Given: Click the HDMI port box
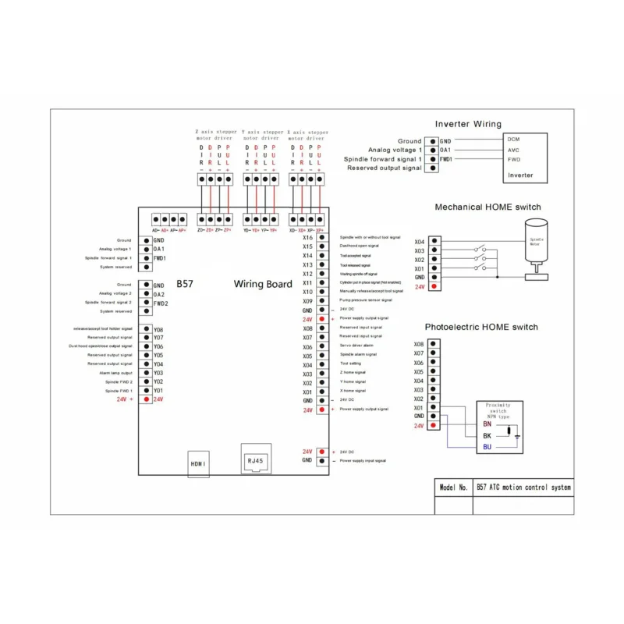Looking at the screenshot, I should point(198,463).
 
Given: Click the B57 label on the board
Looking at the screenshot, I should point(184,284).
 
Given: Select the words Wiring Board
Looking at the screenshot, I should point(263,284).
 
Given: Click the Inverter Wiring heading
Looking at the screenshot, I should point(468,124).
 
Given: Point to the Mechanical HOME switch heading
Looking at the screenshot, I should point(487,207).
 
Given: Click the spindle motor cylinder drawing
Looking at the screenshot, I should point(537,243).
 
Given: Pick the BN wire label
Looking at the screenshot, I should point(487,424).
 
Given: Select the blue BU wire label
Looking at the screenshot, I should point(487,447).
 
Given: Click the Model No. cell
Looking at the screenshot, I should point(453,487).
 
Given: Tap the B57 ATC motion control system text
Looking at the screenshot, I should point(523,487).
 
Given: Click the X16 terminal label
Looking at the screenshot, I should point(307,237).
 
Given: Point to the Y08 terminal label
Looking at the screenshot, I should point(158,330).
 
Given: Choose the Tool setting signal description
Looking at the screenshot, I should point(350,364).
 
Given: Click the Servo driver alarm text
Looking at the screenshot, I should point(356,346).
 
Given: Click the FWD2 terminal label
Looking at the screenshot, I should point(160,303).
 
